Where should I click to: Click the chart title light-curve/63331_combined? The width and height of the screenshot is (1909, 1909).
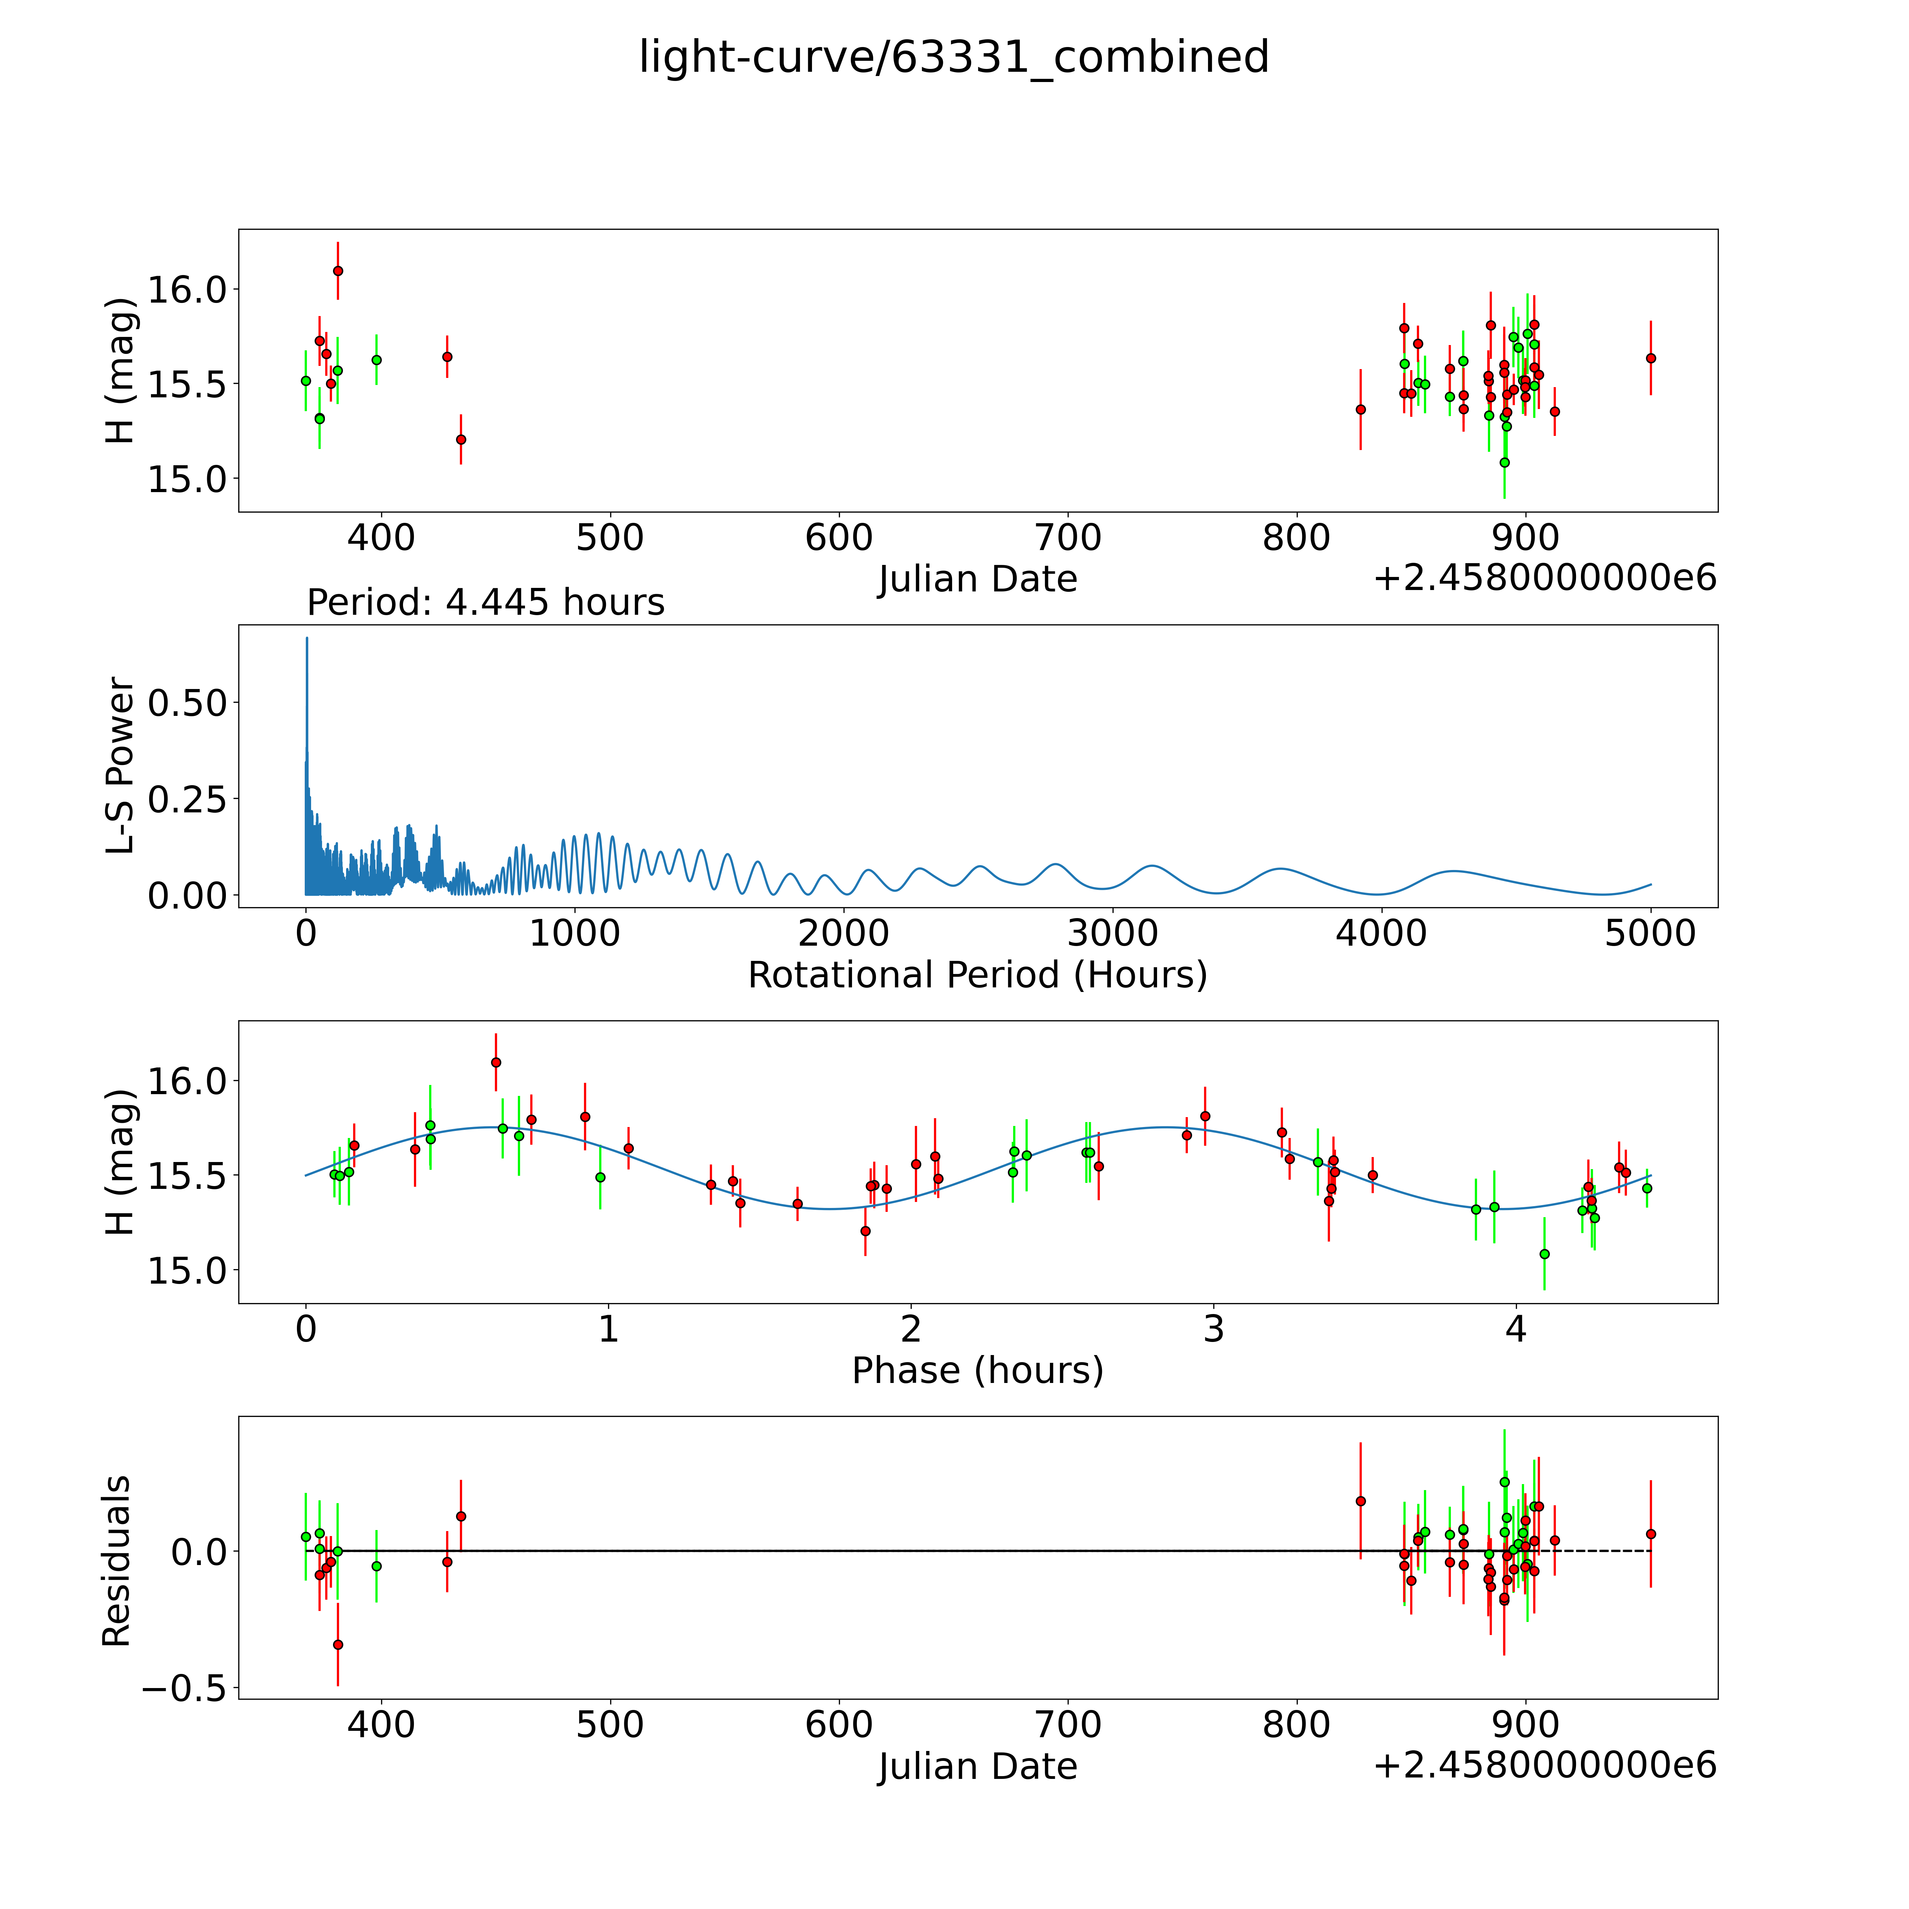[x=953, y=57]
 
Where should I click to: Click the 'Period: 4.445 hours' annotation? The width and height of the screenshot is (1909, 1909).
[x=485, y=603]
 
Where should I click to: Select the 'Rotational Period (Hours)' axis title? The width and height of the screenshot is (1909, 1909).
[x=977, y=975]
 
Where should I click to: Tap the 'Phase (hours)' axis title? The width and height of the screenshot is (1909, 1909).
[x=977, y=1371]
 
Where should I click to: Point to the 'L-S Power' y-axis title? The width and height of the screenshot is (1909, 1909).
[x=119, y=766]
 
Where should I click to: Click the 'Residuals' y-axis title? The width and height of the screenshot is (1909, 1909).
[x=117, y=1561]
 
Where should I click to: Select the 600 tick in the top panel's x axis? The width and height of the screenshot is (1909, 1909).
[x=839, y=538]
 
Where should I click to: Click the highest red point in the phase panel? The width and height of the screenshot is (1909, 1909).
[x=496, y=1062]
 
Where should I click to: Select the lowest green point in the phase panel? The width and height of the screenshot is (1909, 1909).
[x=1545, y=1254]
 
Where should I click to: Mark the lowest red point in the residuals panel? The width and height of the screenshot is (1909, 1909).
[x=338, y=1644]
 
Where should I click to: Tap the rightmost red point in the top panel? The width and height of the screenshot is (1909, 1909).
[x=1650, y=358]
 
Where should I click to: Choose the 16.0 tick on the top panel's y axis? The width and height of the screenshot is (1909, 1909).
[x=188, y=290]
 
